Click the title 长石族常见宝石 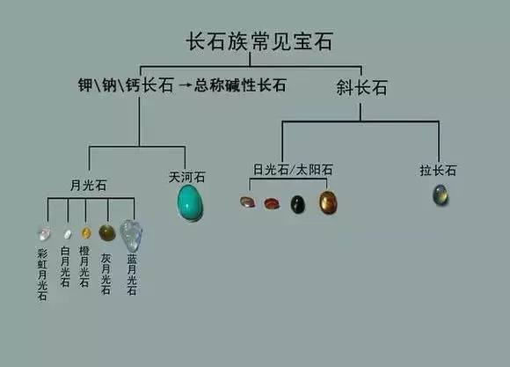pyautogui.click(x=259, y=41)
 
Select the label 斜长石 pyautogui.click(x=361, y=88)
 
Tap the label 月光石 pyautogui.click(x=89, y=186)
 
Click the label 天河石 pyautogui.click(x=186, y=177)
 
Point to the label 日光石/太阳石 pyautogui.click(x=293, y=170)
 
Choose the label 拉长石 pyautogui.click(x=438, y=170)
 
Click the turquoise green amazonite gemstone pyautogui.click(x=190, y=202)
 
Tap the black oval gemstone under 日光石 pyautogui.click(x=297, y=204)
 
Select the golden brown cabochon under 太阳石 pyautogui.click(x=328, y=202)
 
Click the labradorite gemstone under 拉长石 pyautogui.click(x=441, y=195)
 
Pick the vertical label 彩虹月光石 pyautogui.click(x=42, y=275)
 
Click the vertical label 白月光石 pyautogui.click(x=65, y=267)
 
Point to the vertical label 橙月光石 pyautogui.click(x=84, y=267)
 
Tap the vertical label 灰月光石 pyautogui.click(x=106, y=275)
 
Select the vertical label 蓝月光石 pyautogui.click(x=131, y=275)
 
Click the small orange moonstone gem pyautogui.click(x=86, y=233)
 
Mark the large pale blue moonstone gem pyautogui.click(x=131, y=235)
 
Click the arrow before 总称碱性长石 pyautogui.click(x=185, y=85)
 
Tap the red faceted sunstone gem pyautogui.click(x=272, y=203)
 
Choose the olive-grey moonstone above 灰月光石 pyautogui.click(x=107, y=232)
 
